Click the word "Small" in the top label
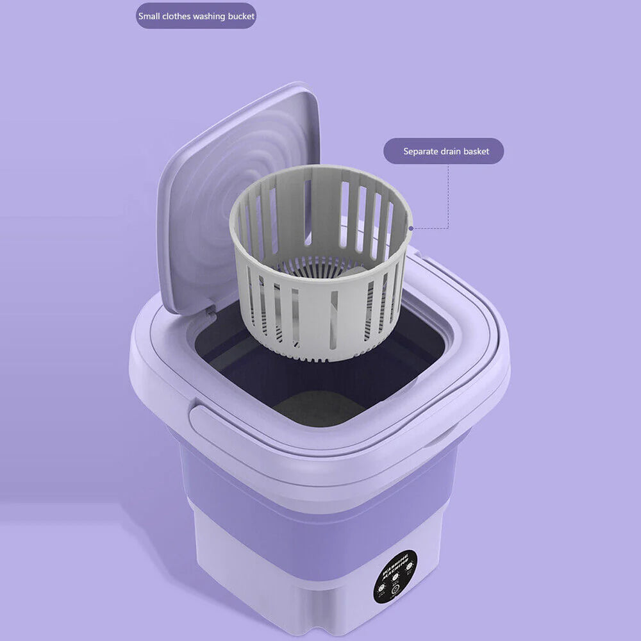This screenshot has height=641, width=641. tap(149, 16)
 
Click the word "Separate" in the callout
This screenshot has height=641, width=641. tap(420, 152)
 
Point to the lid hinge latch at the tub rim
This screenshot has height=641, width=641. tap(210, 311)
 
